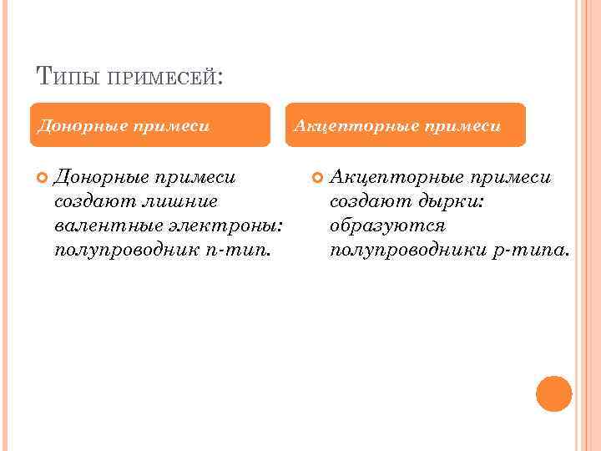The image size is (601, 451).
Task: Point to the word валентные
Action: [94, 225]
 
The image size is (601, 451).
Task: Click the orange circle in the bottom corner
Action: [553, 393]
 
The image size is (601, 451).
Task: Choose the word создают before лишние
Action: [91, 201]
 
